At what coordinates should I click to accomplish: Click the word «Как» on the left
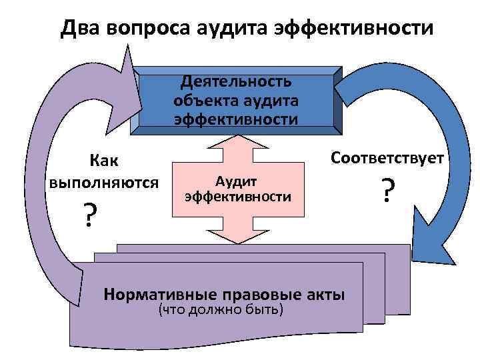[x=104, y=161]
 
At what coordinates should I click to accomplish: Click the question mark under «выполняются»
[x=87, y=215]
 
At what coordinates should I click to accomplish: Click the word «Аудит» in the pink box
[x=238, y=183]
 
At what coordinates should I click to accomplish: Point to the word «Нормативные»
[x=159, y=294]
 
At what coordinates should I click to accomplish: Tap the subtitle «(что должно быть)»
[x=221, y=310]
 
